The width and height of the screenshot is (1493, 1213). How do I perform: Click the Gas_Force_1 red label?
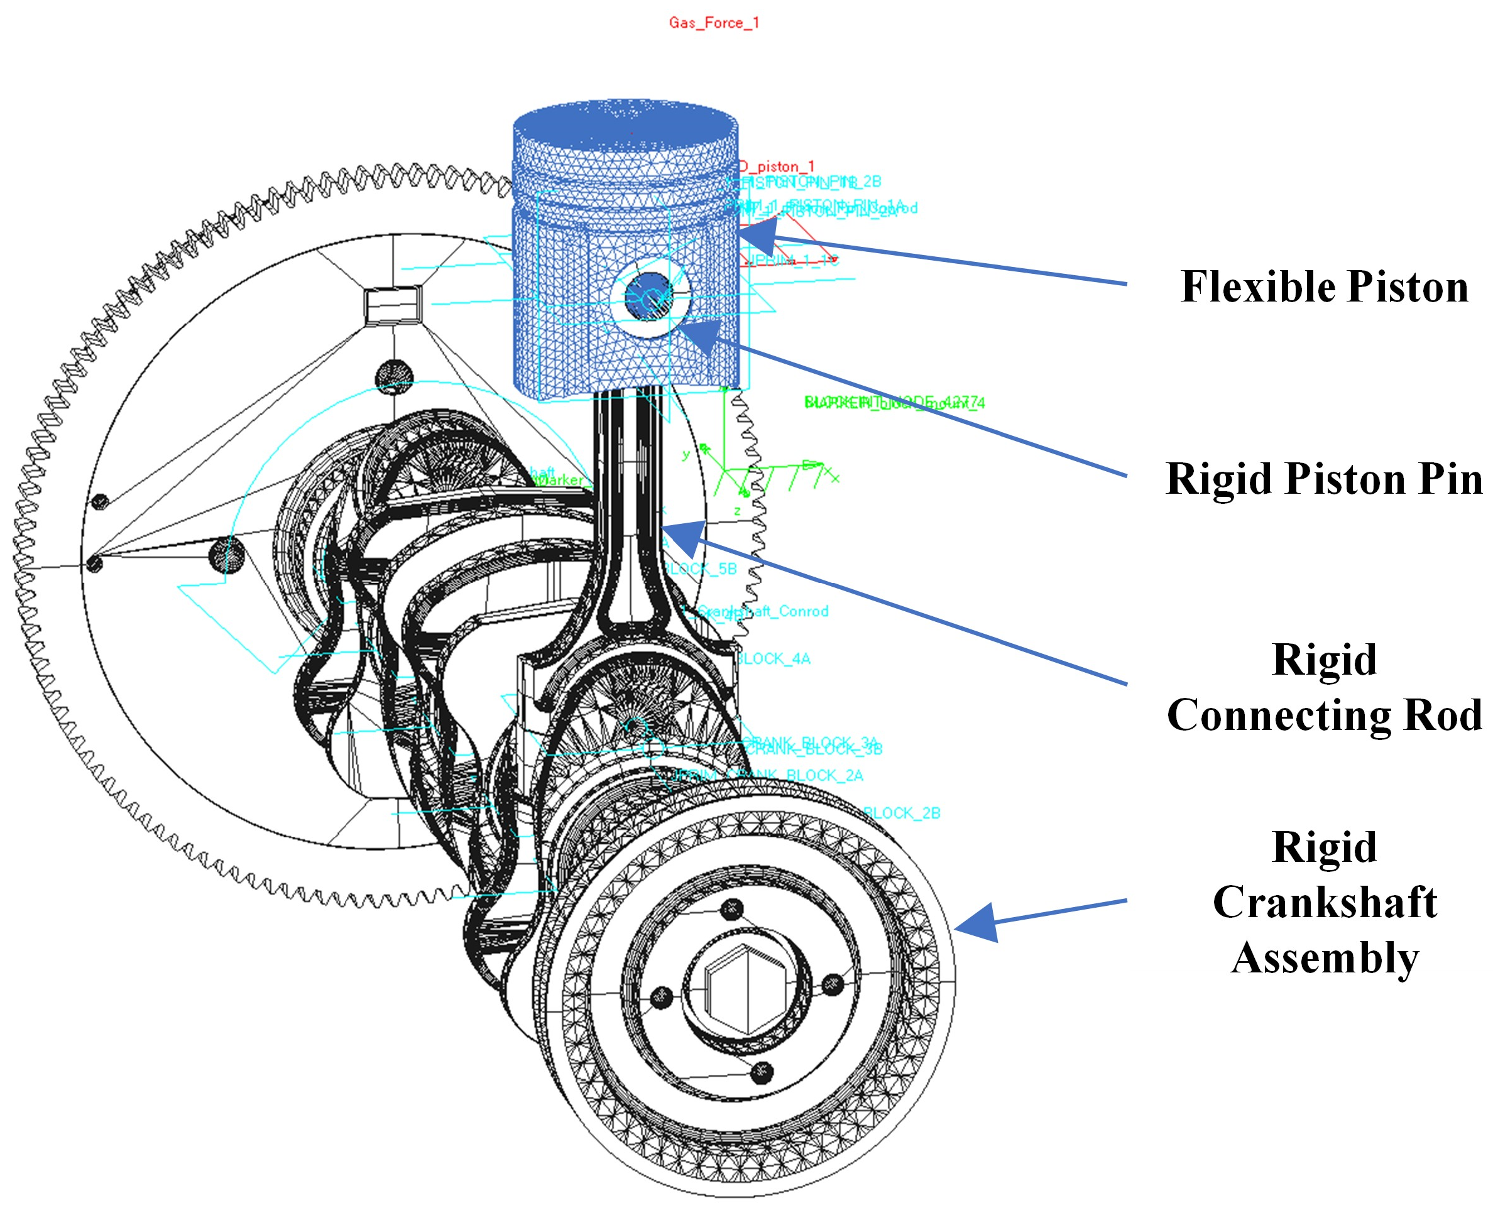(x=713, y=23)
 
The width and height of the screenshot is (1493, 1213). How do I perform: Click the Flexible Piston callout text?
(x=1323, y=287)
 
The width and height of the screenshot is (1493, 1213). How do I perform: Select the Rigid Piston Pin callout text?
(x=1323, y=479)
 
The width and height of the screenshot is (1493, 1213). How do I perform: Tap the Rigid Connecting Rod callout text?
(x=1323, y=688)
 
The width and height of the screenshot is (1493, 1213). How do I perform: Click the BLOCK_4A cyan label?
(x=774, y=659)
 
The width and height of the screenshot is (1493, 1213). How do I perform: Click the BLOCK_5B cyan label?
(x=701, y=568)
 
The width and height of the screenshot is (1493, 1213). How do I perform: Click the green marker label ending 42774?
(x=895, y=403)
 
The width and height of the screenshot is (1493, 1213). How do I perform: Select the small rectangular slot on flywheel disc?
(x=393, y=305)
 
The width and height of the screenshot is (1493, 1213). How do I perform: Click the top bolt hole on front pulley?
(x=732, y=909)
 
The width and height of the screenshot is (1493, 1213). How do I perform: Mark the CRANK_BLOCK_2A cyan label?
(x=769, y=776)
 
